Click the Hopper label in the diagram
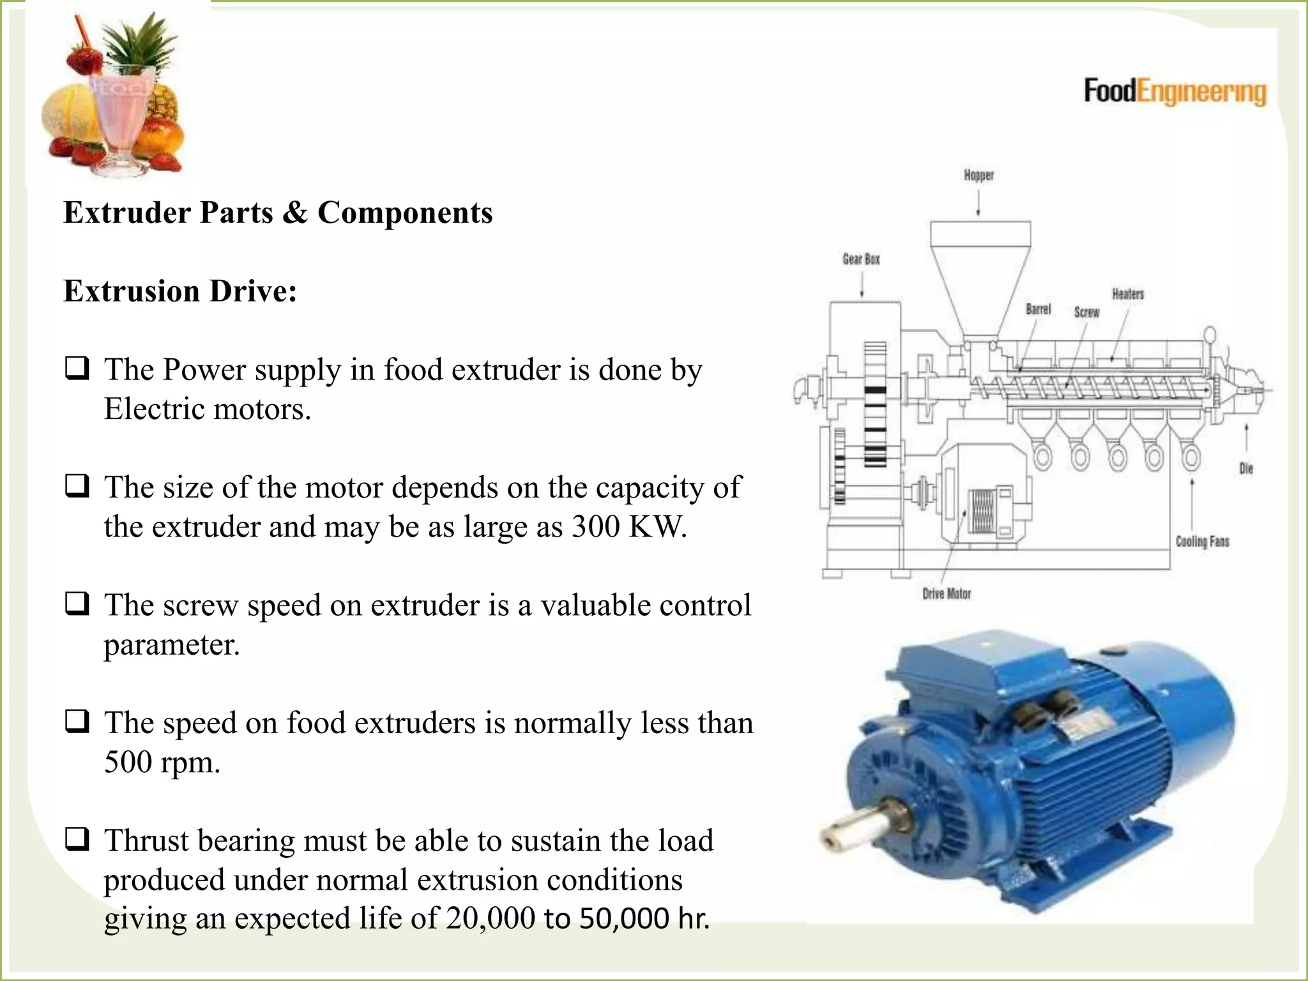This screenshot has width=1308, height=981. [978, 175]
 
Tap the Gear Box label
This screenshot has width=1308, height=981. [861, 259]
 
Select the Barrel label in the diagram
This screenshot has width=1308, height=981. [1038, 309]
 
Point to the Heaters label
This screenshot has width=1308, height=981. [1128, 294]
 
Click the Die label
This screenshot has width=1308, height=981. [1245, 469]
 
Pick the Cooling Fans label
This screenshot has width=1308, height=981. [1202, 542]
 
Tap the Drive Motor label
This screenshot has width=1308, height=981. [947, 594]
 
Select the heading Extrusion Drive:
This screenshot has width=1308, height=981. [180, 291]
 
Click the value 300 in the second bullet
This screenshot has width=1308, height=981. [595, 527]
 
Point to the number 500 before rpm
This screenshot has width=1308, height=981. [128, 762]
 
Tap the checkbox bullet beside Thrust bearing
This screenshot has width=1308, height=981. [77, 839]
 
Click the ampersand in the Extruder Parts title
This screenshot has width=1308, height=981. [294, 213]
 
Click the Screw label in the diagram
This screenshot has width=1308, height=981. [1086, 312]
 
